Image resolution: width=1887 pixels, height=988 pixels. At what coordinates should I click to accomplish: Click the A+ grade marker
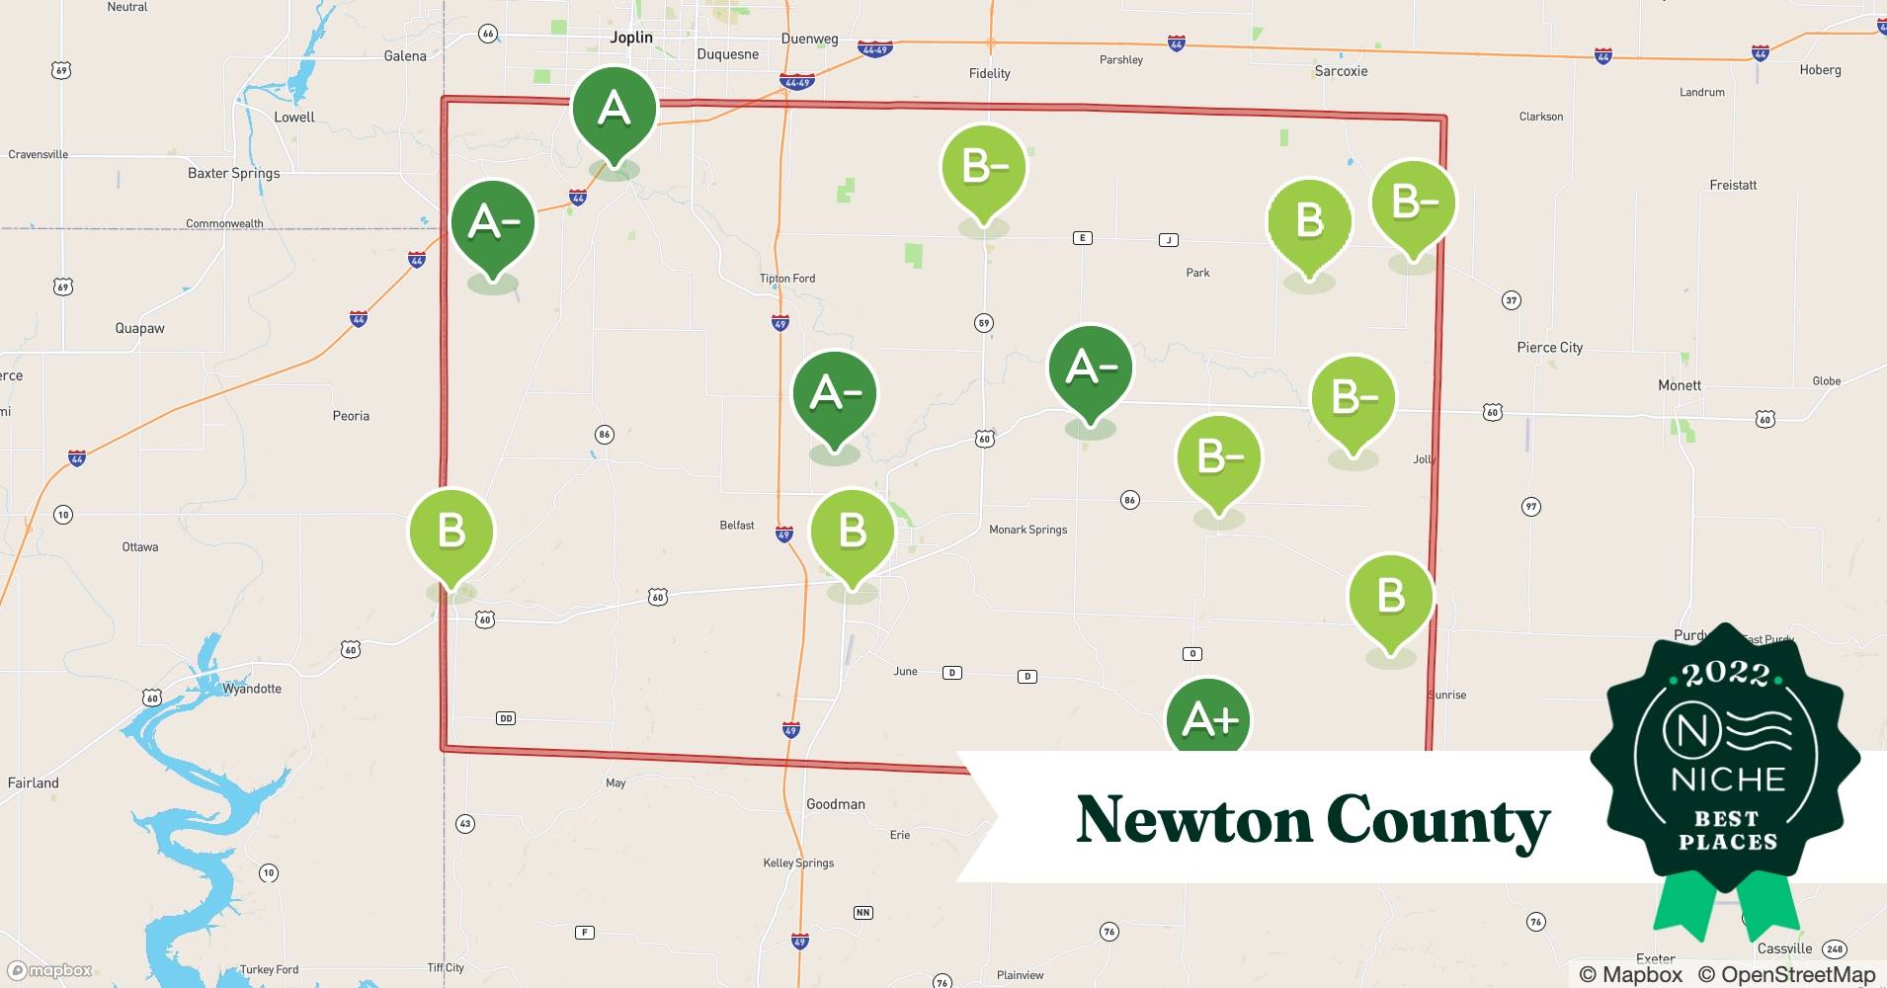coord(1208,718)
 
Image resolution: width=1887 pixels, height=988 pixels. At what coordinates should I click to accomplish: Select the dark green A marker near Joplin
coord(614,109)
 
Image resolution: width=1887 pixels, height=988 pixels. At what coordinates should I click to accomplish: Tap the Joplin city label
coord(631,38)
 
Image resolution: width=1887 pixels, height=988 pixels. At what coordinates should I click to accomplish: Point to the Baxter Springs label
coord(233,173)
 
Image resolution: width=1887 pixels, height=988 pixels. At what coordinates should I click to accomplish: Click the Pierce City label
coord(1549,348)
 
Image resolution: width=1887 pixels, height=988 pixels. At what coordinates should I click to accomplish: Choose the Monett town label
coord(1679,385)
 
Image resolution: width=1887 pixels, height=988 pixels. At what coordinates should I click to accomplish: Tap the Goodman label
coord(835,804)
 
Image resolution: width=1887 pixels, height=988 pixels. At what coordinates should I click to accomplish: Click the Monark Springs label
coord(1027,530)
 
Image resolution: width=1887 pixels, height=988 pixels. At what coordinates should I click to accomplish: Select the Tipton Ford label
coord(787,279)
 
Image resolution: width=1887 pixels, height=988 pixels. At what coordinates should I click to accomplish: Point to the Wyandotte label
coord(251,689)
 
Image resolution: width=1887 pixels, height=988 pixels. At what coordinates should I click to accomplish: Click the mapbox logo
coord(50,970)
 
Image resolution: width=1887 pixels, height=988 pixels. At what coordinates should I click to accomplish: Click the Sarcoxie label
coord(1341,71)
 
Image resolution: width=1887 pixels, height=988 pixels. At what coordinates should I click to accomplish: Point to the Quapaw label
coord(139,328)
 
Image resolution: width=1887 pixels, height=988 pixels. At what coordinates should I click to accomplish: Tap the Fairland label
coord(34,782)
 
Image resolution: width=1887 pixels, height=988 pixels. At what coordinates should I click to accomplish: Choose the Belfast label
coord(736,526)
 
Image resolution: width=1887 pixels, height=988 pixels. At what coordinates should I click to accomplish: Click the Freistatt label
coord(1733,185)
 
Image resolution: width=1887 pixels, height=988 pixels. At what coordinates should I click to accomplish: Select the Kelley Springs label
coord(798,863)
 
